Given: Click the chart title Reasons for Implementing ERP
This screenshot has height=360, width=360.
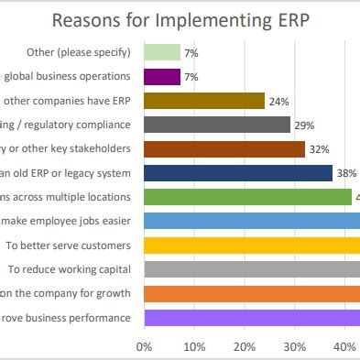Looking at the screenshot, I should (180, 19).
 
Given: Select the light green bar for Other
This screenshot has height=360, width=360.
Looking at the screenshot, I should (162, 52).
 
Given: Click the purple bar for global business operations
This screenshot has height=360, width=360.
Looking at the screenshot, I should (162, 76).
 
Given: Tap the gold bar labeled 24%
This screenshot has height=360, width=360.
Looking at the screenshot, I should (204, 100).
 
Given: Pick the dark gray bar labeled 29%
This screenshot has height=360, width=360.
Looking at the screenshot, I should (217, 124).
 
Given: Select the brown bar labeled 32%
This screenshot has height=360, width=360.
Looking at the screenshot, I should (224, 148).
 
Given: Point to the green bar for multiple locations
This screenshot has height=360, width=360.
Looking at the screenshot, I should (248, 196).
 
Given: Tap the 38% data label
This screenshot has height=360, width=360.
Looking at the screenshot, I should (345, 172).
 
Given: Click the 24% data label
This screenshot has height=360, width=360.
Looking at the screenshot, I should (277, 101).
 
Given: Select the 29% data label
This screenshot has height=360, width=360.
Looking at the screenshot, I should (302, 125).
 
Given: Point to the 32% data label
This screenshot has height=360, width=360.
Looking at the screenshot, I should (317, 148).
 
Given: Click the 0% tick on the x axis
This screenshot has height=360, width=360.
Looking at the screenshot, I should (144, 346).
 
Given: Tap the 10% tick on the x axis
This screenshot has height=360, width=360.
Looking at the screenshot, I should (193, 346).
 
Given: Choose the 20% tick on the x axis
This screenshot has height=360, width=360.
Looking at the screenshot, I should (244, 346).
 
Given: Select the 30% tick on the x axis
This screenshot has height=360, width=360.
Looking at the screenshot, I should (294, 346).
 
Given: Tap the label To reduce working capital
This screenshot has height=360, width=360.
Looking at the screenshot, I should (70, 268).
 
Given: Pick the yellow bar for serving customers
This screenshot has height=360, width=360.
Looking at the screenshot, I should (252, 245).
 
